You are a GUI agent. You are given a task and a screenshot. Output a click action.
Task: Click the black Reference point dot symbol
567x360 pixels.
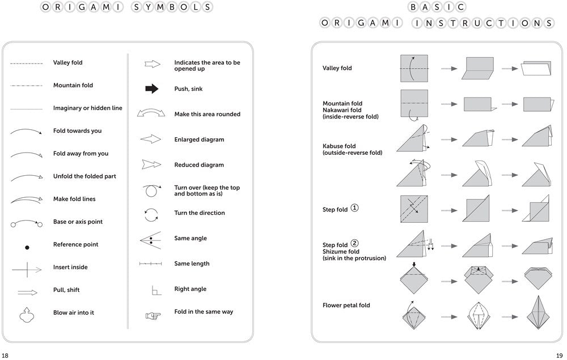(27, 247)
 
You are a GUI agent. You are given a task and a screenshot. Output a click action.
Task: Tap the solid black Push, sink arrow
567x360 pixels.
(152, 88)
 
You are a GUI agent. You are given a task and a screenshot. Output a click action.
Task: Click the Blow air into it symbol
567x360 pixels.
(26, 315)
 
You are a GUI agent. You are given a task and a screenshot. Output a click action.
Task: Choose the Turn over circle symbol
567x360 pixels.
(151, 190)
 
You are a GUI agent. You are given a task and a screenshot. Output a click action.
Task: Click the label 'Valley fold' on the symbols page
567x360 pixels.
(67, 63)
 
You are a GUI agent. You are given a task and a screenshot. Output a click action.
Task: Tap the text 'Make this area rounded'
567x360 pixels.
(207, 115)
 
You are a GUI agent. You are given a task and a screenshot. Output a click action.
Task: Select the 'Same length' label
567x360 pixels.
(192, 264)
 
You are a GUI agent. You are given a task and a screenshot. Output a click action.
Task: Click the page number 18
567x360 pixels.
(5, 355)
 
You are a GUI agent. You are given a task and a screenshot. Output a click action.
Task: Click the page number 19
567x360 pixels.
(559, 355)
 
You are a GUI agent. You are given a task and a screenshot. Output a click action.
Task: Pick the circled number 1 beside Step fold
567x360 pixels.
(355, 208)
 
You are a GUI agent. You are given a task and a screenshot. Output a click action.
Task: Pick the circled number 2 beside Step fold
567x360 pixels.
(355, 244)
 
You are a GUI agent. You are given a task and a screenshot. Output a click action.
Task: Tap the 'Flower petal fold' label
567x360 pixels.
(346, 306)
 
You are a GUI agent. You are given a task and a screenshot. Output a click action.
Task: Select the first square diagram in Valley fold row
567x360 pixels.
(414, 68)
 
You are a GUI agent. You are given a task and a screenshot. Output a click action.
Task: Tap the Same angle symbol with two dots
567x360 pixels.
(150, 239)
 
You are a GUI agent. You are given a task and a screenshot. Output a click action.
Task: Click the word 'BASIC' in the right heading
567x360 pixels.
(437, 7)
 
